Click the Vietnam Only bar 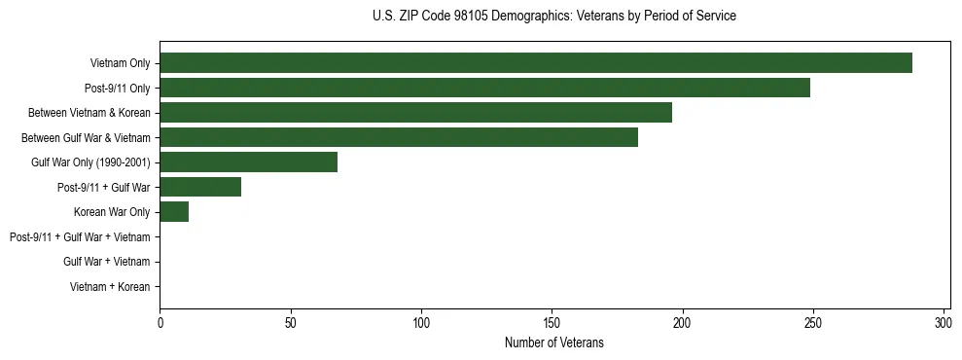[536, 63]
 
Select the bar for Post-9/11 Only [484, 88]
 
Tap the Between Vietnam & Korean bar [415, 113]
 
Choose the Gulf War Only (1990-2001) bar [248, 162]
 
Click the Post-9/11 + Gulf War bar [200, 187]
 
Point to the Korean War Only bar [174, 212]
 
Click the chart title [554, 17]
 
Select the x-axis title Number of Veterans [554, 342]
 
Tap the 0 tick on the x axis [160, 322]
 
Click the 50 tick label [290, 322]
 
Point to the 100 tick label [421, 322]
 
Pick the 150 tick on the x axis [552, 322]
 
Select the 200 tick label [682, 322]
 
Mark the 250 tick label [813, 322]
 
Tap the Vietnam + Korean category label [110, 287]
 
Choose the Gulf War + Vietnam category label [107, 262]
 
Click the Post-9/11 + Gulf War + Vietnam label [80, 237]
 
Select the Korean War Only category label [112, 212]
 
